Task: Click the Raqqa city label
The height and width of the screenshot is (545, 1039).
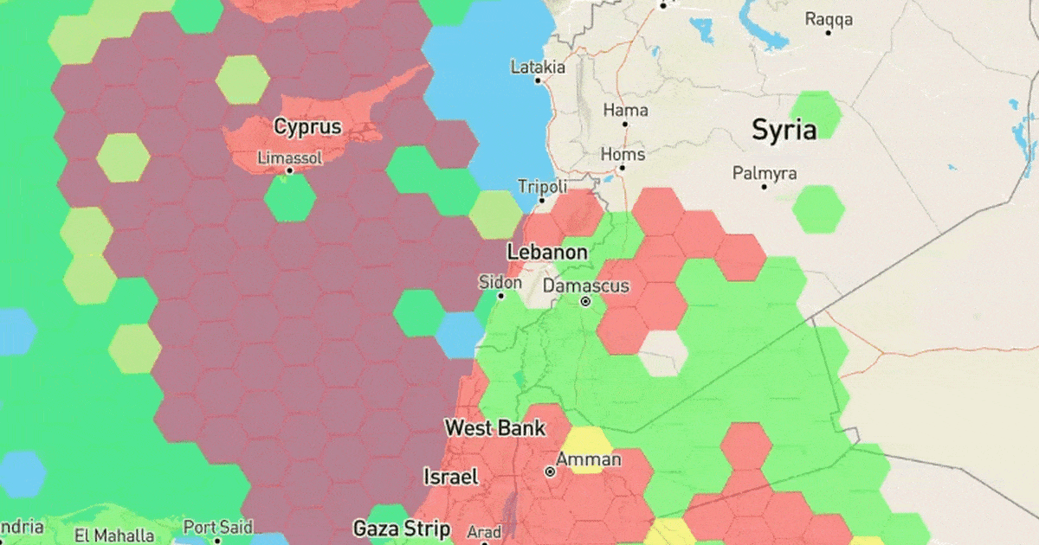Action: [x=829, y=19]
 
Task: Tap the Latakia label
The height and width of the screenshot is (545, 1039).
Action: [x=538, y=67]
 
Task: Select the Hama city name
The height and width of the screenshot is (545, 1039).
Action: [x=625, y=111]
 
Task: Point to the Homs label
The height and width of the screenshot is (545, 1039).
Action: [x=623, y=155]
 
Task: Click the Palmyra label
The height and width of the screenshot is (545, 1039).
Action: [x=764, y=174]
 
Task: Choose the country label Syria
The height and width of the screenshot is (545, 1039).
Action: [x=784, y=131]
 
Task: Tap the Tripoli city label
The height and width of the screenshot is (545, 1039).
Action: [x=542, y=187]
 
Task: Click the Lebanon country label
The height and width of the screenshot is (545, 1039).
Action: [x=547, y=253]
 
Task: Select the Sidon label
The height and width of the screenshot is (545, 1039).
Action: [x=500, y=283]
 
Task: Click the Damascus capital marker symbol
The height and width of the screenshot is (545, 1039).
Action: [x=585, y=302]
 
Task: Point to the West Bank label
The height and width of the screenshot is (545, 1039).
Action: [x=495, y=427]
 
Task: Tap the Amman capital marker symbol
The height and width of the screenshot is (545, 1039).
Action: [x=549, y=472]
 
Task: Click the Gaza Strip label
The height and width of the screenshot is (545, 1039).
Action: [x=402, y=528]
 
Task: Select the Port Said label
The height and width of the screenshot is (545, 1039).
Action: [x=217, y=527]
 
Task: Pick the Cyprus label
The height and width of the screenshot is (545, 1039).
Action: [x=307, y=127]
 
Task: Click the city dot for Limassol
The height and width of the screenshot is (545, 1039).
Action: [x=290, y=170]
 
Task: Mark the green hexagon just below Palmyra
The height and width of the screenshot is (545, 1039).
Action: [x=818, y=208]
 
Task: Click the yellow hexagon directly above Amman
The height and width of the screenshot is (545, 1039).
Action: [x=590, y=449]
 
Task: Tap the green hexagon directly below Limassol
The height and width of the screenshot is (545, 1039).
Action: [x=290, y=199]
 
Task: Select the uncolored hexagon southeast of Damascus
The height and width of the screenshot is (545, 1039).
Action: [x=663, y=354]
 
